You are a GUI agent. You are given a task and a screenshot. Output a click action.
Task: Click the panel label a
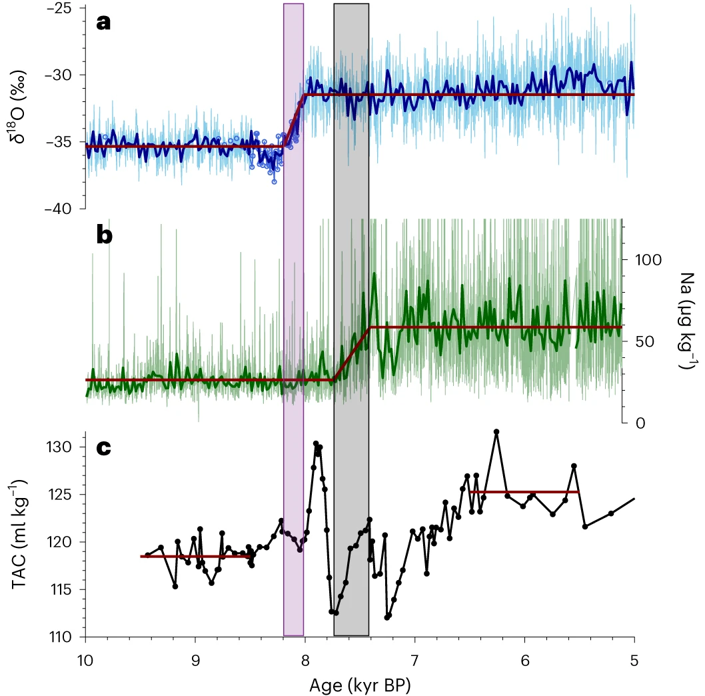tap(103, 23)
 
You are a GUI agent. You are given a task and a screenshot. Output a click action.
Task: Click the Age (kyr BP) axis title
tap(360, 685)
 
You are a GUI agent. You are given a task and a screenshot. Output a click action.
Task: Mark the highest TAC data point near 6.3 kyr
tap(496, 432)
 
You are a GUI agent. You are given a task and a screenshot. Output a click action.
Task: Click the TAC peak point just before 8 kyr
tap(316, 443)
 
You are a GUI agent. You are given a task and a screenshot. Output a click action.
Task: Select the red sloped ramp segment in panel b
tap(352, 353)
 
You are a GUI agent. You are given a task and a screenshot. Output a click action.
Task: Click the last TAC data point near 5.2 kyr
tap(611, 513)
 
